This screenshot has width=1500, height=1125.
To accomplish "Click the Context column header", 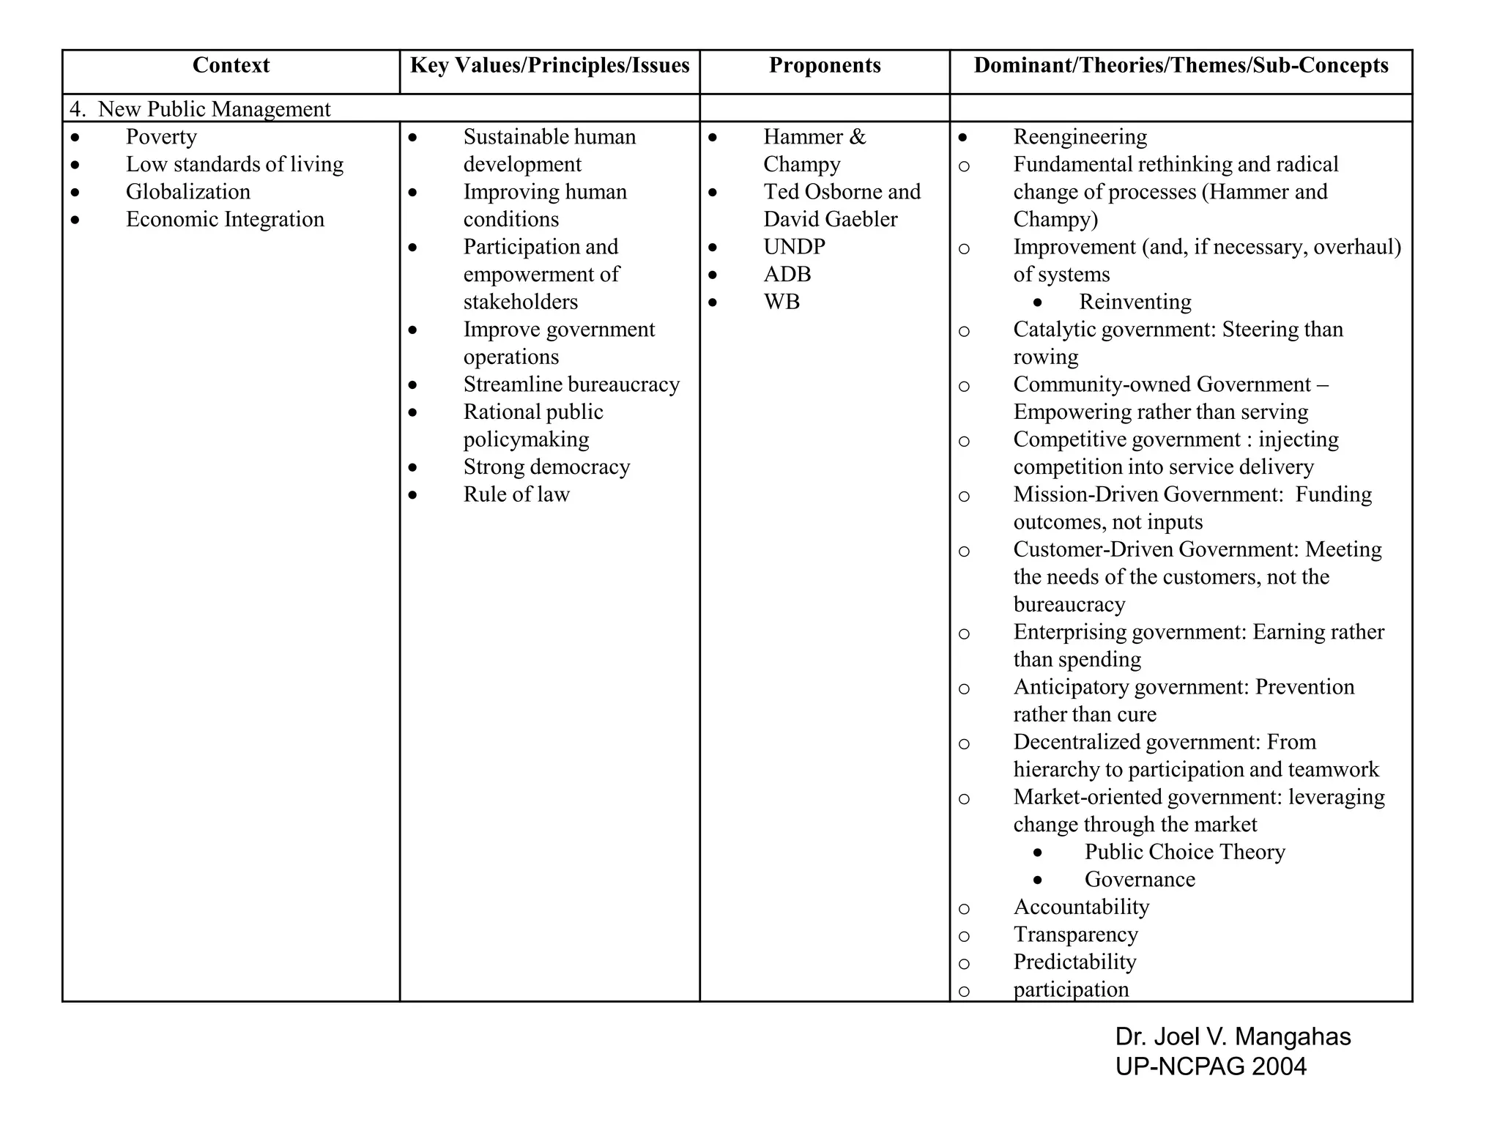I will pyautogui.click(x=231, y=66).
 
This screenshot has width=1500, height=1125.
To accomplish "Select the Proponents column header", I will pyautogui.click(x=825, y=66).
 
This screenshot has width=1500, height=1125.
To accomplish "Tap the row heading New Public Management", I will pyautogui.click(x=214, y=109).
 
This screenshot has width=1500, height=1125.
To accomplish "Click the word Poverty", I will pyautogui.click(x=161, y=137).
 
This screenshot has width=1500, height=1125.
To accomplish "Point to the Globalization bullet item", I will pyautogui.click(x=187, y=192).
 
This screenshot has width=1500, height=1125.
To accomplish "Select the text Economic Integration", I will pyautogui.click(x=225, y=220).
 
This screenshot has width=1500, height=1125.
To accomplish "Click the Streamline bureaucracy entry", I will pyautogui.click(x=571, y=385).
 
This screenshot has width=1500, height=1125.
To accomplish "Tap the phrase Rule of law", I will pyautogui.click(x=516, y=494).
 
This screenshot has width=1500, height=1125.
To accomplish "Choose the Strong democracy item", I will pyautogui.click(x=546, y=467).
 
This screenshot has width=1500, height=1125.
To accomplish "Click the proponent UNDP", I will pyautogui.click(x=794, y=247).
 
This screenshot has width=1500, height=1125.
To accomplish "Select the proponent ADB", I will pyautogui.click(x=787, y=275).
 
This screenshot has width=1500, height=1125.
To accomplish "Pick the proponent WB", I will pyautogui.click(x=781, y=302).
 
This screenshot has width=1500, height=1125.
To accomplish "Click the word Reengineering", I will pyautogui.click(x=1080, y=137).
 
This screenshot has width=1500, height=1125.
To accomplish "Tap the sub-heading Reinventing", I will pyautogui.click(x=1135, y=302).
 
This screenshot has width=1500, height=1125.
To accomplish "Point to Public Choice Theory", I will pyautogui.click(x=1184, y=852).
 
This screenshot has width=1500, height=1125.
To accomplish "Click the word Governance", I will pyautogui.click(x=1139, y=880).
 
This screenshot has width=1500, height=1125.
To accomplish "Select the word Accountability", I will pyautogui.click(x=1081, y=907).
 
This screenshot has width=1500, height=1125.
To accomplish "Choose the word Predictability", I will pyautogui.click(x=1074, y=962).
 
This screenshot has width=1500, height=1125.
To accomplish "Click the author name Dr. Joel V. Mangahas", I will pyautogui.click(x=1233, y=1037).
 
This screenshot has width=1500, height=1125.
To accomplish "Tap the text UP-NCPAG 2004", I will pyautogui.click(x=1211, y=1066).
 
